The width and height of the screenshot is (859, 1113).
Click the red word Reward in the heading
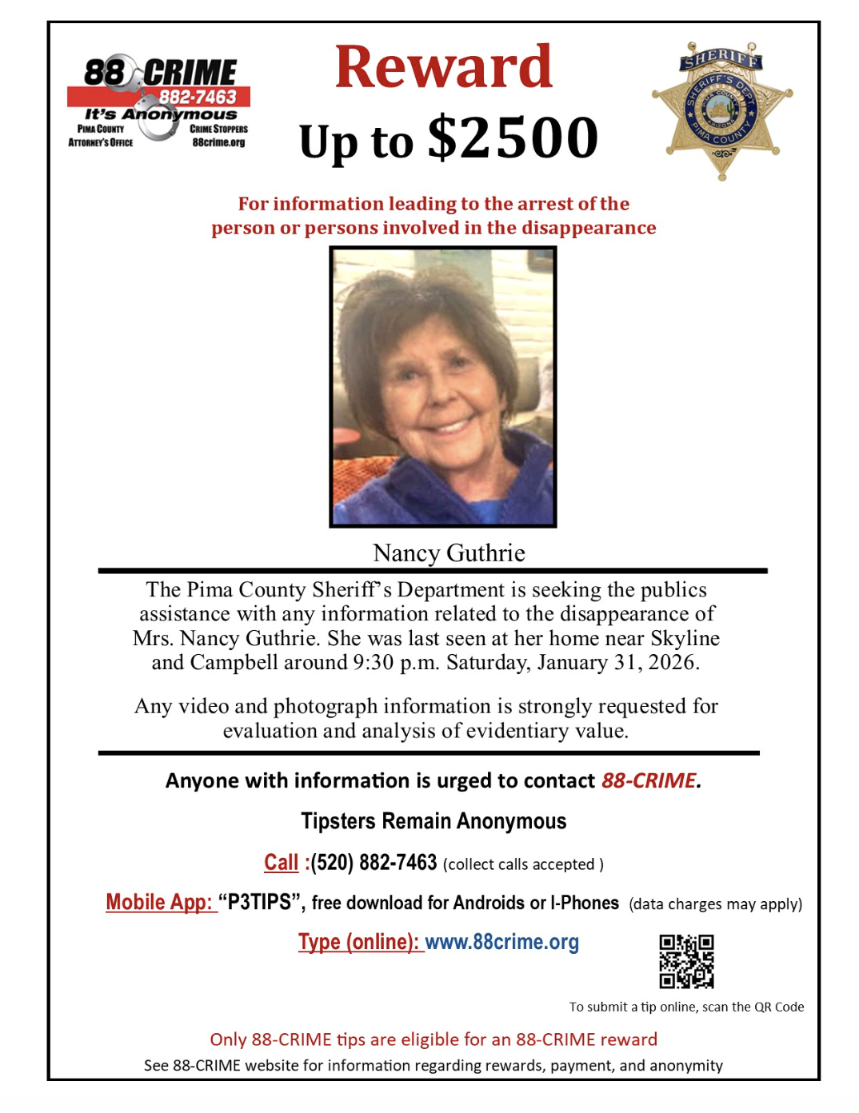click(443, 67)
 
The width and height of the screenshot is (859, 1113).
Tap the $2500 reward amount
click(513, 138)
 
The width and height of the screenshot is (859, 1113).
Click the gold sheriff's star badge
click(721, 110)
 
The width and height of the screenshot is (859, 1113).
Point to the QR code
click(686, 961)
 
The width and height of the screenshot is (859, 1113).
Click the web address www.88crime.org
click(501, 942)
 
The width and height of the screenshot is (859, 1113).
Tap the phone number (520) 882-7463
click(374, 863)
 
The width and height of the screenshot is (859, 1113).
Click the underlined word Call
click(281, 863)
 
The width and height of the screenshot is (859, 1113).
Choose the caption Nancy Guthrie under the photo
click(449, 553)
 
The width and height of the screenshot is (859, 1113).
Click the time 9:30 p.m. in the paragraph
click(397, 663)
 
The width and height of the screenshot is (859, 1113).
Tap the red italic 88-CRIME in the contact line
click(650, 780)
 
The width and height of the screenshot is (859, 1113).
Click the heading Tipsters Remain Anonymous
click(433, 821)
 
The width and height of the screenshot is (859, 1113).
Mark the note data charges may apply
click(715, 904)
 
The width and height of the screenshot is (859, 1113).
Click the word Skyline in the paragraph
click(685, 638)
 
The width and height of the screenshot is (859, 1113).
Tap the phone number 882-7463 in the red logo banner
click(198, 98)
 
